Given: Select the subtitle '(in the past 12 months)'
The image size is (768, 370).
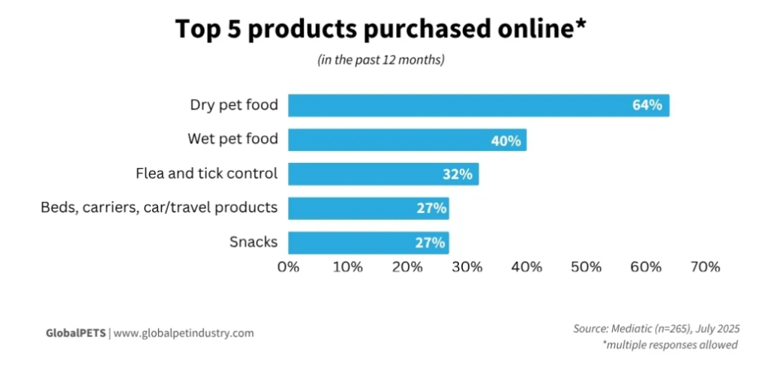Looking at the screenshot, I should [381, 60].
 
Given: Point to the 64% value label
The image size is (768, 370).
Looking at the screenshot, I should [646, 106].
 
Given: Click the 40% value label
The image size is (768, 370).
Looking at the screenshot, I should [505, 140].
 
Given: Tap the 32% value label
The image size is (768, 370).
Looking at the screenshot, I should [457, 175].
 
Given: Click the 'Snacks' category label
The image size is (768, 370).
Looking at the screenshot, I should [253, 242].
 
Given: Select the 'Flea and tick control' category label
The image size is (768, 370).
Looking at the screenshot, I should [206, 173].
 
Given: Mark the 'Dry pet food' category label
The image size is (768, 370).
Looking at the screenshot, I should [233, 105].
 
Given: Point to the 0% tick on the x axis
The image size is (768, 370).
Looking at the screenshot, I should [289, 266].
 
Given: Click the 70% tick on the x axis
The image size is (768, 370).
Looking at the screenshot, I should [705, 266].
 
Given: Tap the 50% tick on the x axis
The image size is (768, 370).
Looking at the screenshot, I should [586, 266].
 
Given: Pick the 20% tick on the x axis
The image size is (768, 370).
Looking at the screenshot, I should [407, 266].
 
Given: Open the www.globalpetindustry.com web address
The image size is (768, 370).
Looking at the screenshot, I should [184, 332].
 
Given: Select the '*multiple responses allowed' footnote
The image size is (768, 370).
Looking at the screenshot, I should [670, 344].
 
